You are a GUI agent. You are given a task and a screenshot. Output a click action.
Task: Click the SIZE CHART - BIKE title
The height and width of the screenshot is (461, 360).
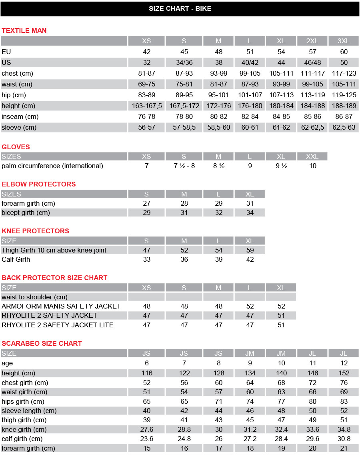click(180, 8)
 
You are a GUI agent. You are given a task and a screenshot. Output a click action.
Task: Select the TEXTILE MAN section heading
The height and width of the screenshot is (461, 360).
click(24, 30)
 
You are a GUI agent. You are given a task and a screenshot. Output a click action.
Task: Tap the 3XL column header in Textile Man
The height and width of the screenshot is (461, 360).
click(344, 41)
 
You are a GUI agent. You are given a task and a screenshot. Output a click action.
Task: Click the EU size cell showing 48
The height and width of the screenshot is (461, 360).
click(218, 52)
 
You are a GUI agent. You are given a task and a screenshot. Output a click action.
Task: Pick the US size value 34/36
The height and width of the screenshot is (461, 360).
click(184, 63)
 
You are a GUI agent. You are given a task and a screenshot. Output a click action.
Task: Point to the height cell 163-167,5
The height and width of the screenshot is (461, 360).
click(147, 106)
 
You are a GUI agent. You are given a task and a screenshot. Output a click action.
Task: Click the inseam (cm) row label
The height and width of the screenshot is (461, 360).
click(20, 117)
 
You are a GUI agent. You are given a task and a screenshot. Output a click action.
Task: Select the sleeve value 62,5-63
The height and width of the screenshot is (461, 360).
click(344, 128)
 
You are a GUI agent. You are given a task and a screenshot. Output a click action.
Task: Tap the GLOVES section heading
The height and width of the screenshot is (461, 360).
click(16, 147)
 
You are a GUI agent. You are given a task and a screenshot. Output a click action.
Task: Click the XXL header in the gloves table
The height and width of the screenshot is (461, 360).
click(312, 156)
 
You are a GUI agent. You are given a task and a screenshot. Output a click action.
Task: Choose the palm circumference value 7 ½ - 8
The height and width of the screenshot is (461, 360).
click(184, 166)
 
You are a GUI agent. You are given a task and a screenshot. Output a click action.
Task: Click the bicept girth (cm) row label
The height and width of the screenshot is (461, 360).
click(26, 213)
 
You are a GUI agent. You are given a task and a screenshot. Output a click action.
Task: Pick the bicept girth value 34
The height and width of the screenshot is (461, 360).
click(250, 213)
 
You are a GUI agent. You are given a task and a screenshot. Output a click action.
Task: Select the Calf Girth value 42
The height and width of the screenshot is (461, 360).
click(250, 260)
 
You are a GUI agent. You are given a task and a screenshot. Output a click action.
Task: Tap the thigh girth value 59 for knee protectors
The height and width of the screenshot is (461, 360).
click(250, 251)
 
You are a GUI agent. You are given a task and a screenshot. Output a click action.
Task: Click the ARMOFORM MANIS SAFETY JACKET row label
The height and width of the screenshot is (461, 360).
click(61, 307)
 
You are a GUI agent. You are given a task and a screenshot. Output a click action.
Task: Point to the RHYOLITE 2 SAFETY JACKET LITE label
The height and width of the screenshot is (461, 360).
click(58, 325)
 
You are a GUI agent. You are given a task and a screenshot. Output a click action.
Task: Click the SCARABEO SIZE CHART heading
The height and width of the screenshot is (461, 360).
click(42, 343)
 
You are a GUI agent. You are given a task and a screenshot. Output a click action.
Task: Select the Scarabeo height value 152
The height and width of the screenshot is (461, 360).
click(344, 373)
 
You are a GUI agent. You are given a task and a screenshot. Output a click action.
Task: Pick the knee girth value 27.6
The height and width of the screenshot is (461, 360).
click(147, 430)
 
